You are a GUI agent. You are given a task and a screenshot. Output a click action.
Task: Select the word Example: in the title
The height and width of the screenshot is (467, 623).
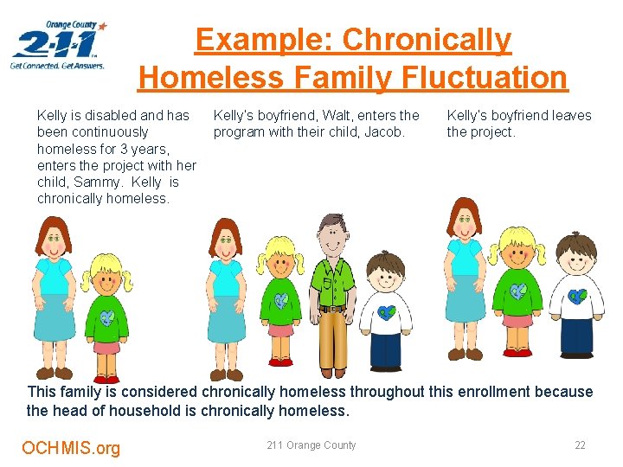coord(266,40)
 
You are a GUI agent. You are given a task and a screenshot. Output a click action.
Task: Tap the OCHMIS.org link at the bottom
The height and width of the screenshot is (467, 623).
coord(71,448)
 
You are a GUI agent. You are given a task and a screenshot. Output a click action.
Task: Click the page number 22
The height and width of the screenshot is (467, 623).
coord(580,445)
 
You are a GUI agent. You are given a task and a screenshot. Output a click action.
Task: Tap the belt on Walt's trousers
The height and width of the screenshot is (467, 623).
coord(332,308)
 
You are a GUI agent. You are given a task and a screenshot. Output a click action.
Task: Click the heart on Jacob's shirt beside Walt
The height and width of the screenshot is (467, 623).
coord(387,311)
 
